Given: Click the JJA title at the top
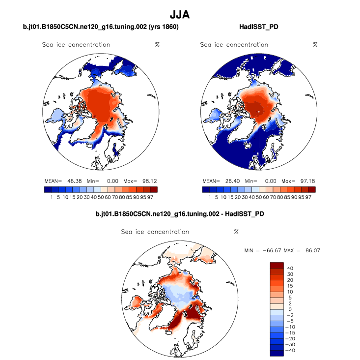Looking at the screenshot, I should [x=180, y=15].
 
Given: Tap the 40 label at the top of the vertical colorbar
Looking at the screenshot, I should [x=290, y=268].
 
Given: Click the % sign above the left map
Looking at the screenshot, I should [x=157, y=45].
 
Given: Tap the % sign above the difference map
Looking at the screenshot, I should [x=236, y=232].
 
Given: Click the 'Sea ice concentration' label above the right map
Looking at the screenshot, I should [x=234, y=45].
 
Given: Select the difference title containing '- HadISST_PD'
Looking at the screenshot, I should [x=180, y=214].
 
